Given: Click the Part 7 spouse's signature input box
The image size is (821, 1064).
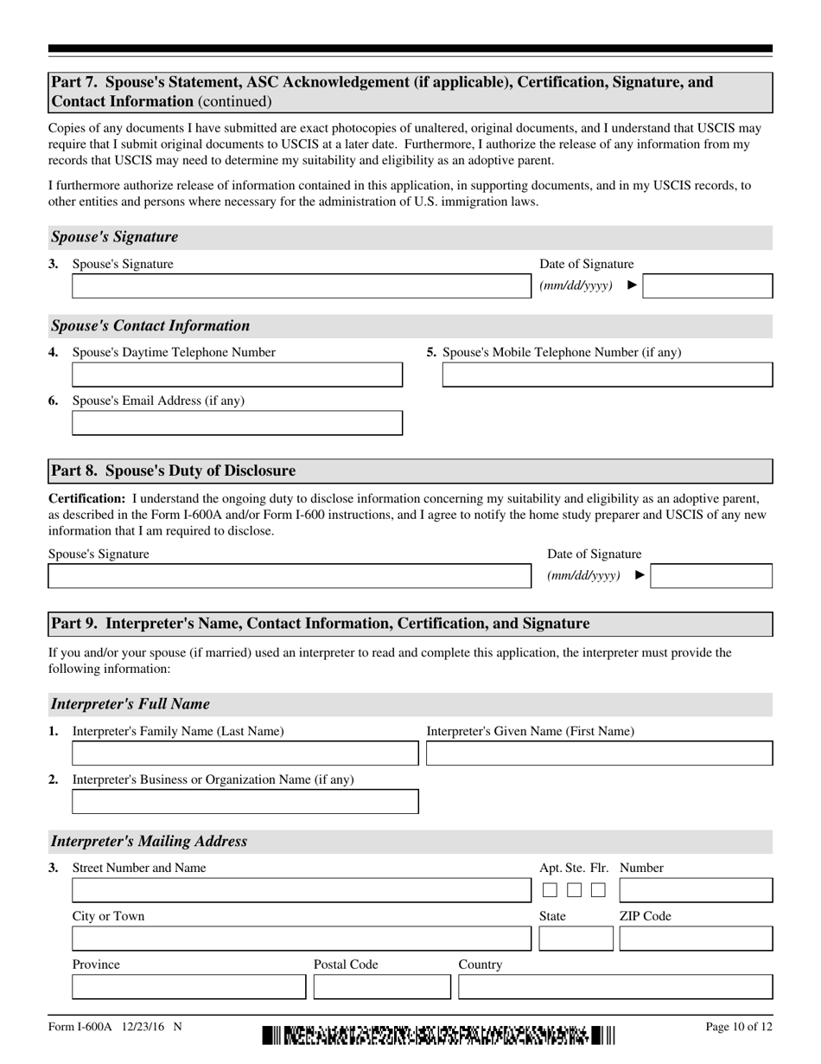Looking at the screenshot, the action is [302, 286].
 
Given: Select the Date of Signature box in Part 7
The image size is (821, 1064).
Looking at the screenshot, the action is [707, 286].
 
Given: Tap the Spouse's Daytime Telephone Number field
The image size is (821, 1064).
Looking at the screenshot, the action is [237, 375].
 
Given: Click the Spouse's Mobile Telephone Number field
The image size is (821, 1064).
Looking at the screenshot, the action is [608, 375].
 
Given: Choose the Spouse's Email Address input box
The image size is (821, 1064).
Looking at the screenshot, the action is [237, 423].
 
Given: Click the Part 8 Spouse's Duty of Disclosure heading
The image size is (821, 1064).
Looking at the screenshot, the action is [173, 471].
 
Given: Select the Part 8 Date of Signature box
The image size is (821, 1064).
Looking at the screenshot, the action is [711, 576].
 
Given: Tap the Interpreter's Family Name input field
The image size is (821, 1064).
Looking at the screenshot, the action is [245, 753].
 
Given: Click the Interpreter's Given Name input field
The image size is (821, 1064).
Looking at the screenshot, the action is [600, 753].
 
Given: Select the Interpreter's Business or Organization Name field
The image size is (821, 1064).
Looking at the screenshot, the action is [245, 802].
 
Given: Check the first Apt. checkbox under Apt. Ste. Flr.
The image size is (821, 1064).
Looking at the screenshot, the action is [550, 890].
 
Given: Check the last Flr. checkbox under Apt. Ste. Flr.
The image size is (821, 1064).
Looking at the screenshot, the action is [598, 890].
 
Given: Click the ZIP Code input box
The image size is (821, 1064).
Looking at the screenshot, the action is [696, 939].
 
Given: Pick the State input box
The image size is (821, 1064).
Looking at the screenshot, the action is [575, 939].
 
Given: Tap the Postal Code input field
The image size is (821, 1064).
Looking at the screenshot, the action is [382, 987].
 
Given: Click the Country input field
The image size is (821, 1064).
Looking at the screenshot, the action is [615, 987].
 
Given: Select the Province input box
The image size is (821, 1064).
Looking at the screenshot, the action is [188, 987].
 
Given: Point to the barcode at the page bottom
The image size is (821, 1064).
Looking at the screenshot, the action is [438, 1035].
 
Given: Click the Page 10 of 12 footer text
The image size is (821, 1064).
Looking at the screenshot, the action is [739, 1028].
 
